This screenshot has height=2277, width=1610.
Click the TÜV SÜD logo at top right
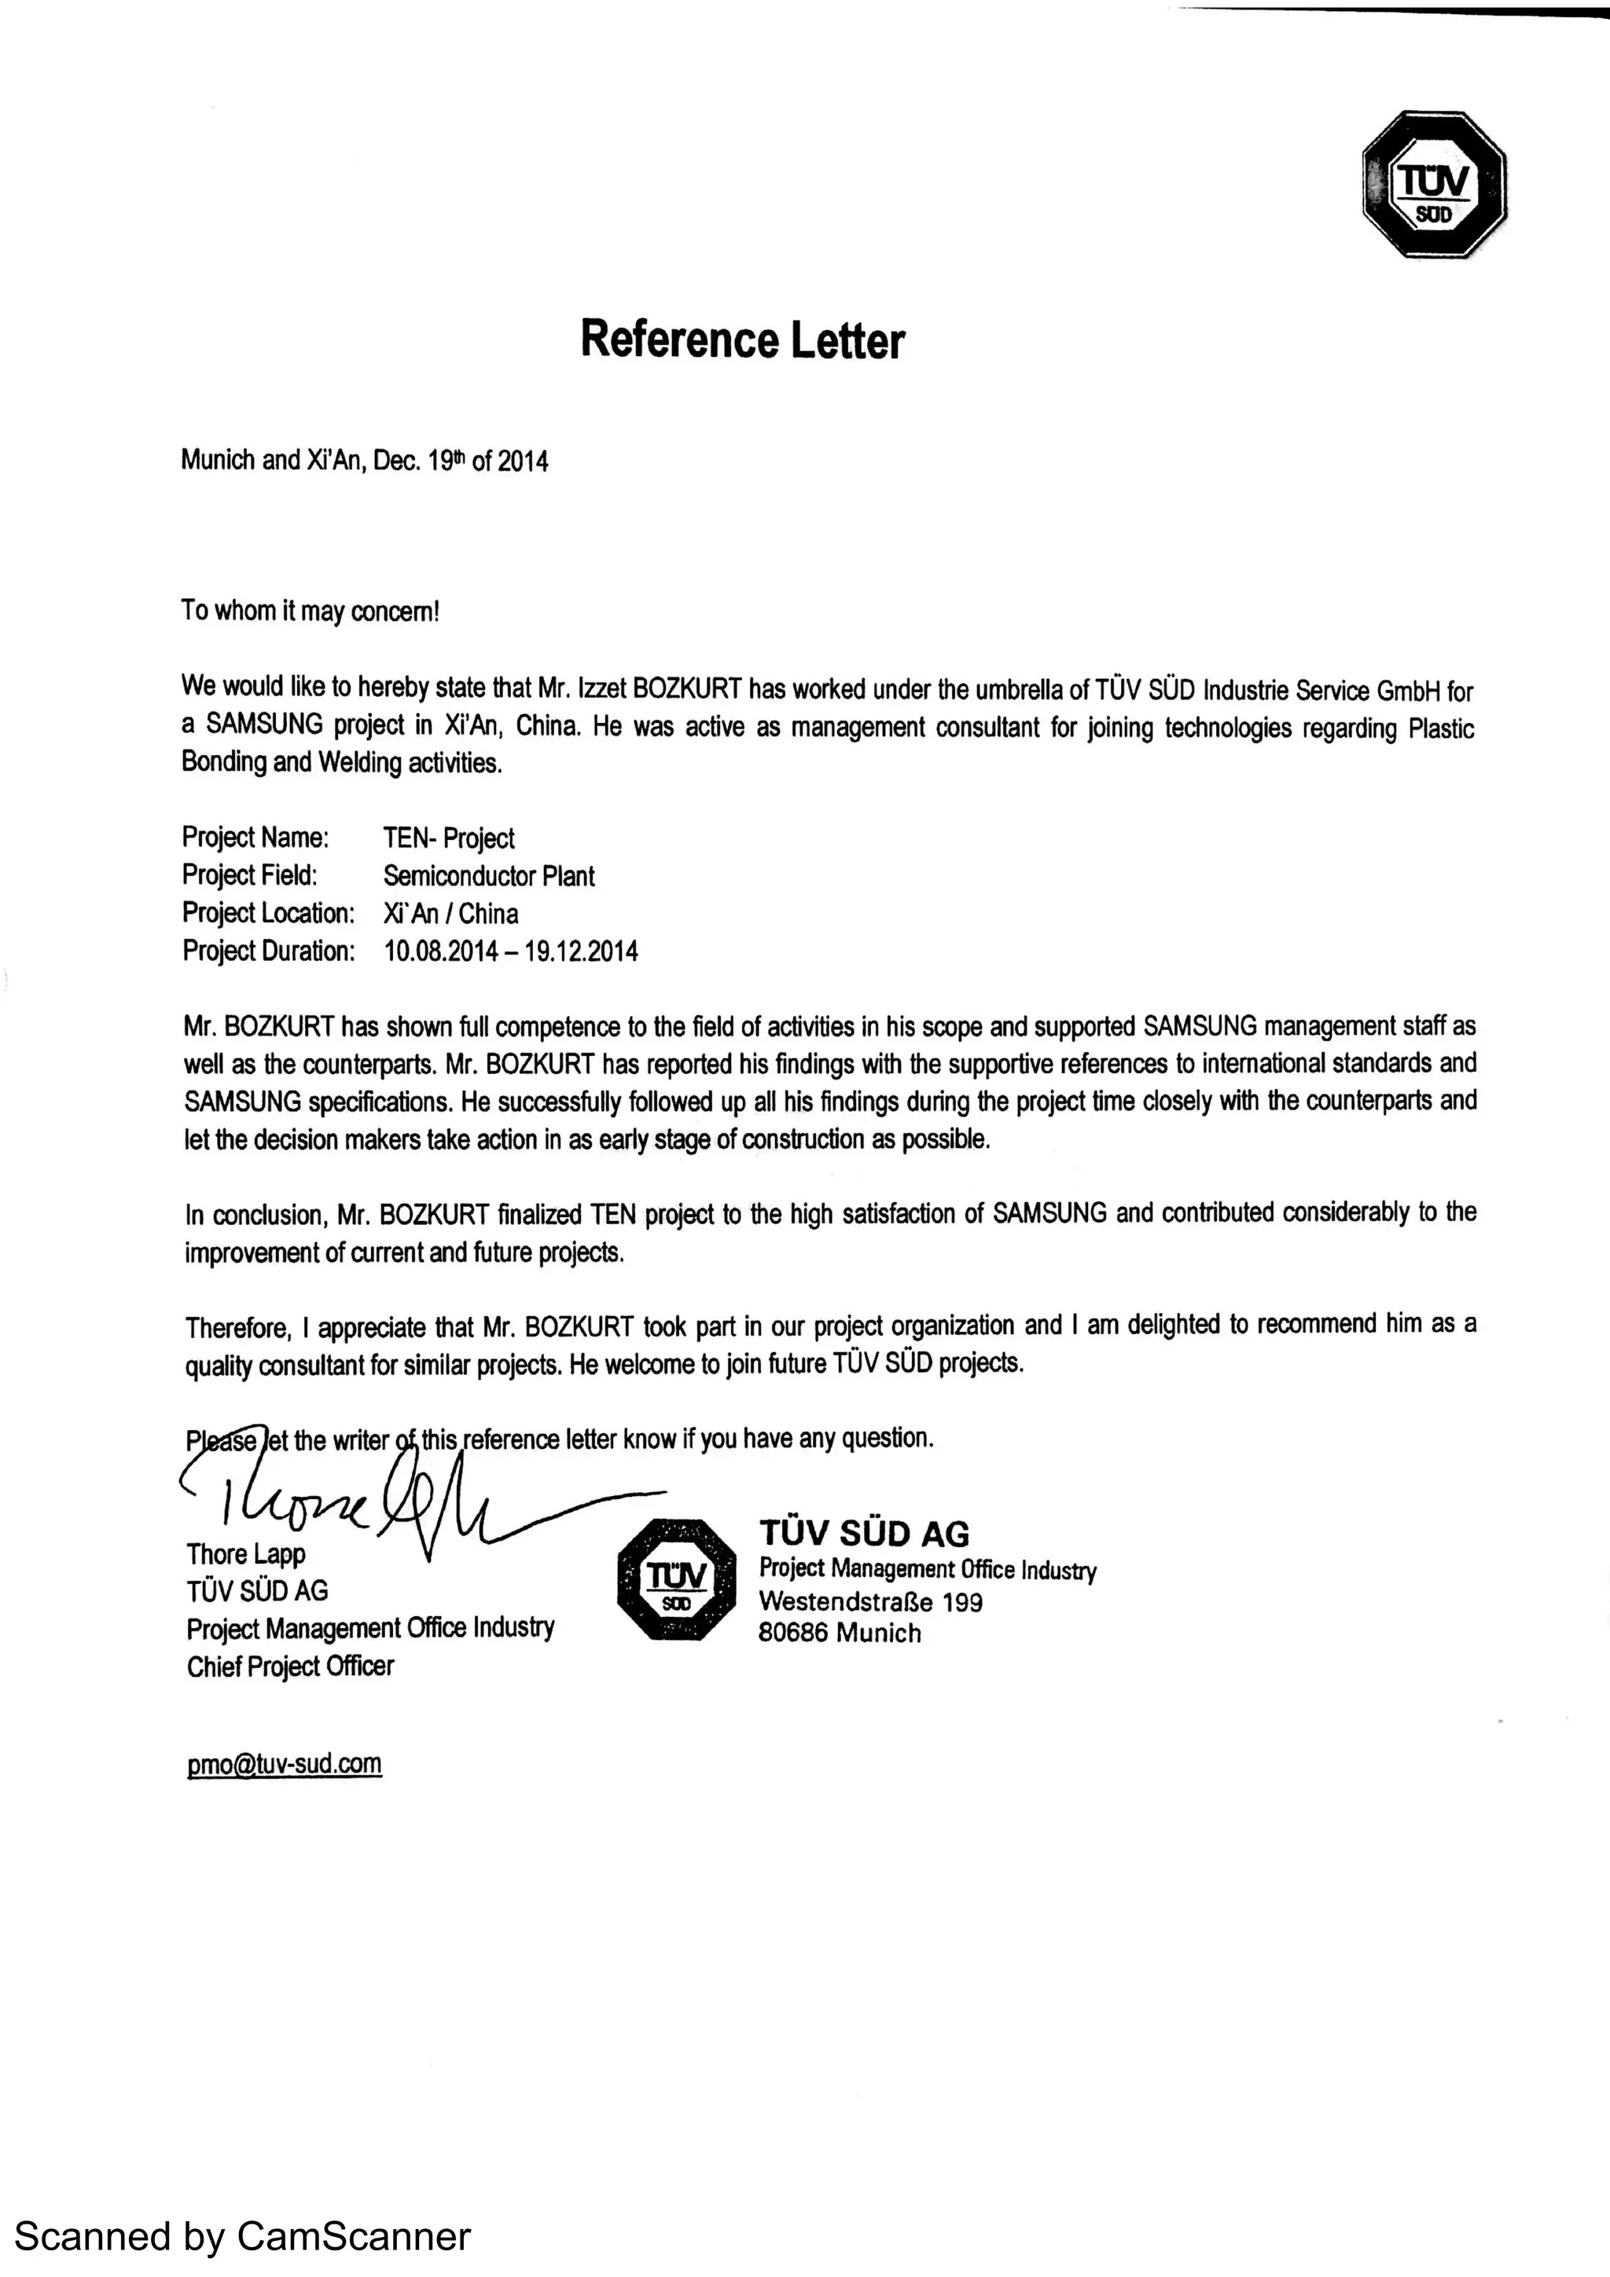pos(1435,185)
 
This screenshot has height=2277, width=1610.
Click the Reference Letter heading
pos(742,339)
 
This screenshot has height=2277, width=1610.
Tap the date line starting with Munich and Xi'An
pos(364,460)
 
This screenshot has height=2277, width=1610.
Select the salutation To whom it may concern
pos(310,611)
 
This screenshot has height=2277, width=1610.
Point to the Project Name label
pos(255,838)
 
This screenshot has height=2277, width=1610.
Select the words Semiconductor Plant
pos(489,876)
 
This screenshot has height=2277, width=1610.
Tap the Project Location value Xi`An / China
pos(450,913)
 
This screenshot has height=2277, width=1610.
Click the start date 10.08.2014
pos(442,952)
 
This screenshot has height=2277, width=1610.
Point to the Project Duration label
pos(268,952)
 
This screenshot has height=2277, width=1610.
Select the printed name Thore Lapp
pos(246,1554)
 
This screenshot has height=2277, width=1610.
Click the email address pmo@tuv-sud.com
pos(284,1763)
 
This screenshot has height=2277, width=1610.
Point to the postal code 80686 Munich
pos(840,1633)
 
